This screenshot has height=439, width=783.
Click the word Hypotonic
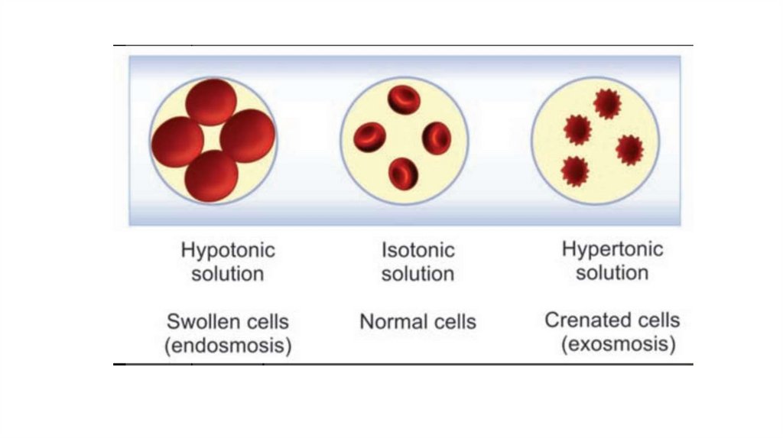pos(227,250)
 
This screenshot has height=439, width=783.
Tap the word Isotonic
pos(417,250)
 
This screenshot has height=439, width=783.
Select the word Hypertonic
pos(612,249)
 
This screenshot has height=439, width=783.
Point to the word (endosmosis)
pos(228,346)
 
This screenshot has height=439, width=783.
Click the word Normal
pos(391,321)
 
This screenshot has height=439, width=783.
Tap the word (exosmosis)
pos(619,345)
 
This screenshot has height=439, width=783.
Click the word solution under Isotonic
pos(417,274)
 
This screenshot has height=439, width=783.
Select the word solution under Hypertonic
pos(612,273)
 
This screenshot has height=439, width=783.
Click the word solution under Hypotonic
pos(227,274)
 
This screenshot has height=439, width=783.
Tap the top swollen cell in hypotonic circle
pos(212,102)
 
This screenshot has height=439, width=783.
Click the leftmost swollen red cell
pos(177,141)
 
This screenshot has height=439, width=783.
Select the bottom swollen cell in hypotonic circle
pos(212,176)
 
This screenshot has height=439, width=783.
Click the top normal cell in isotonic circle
pos(403,100)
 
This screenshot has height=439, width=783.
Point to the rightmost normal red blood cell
pos(437,138)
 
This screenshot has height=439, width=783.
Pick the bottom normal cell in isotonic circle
pos(403,173)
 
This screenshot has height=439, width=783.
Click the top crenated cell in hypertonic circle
pos(607,103)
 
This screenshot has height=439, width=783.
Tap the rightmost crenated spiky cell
pos(629,149)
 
